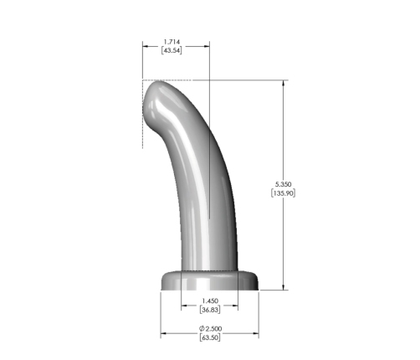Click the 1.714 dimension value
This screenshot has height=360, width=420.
pyautogui.click(x=172, y=42)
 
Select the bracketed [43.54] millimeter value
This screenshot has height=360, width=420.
pyautogui.click(x=172, y=50)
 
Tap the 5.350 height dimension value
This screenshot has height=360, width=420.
pyautogui.click(x=284, y=184)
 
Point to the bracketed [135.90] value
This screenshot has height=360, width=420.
pyautogui.click(x=283, y=193)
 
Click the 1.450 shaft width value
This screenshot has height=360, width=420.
pyautogui.click(x=210, y=301)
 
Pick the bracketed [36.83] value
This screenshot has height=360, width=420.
pyautogui.click(x=210, y=310)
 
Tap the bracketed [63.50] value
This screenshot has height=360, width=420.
pyautogui.click(x=210, y=337)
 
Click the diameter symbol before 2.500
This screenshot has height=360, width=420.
pyautogui.click(x=202, y=328)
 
